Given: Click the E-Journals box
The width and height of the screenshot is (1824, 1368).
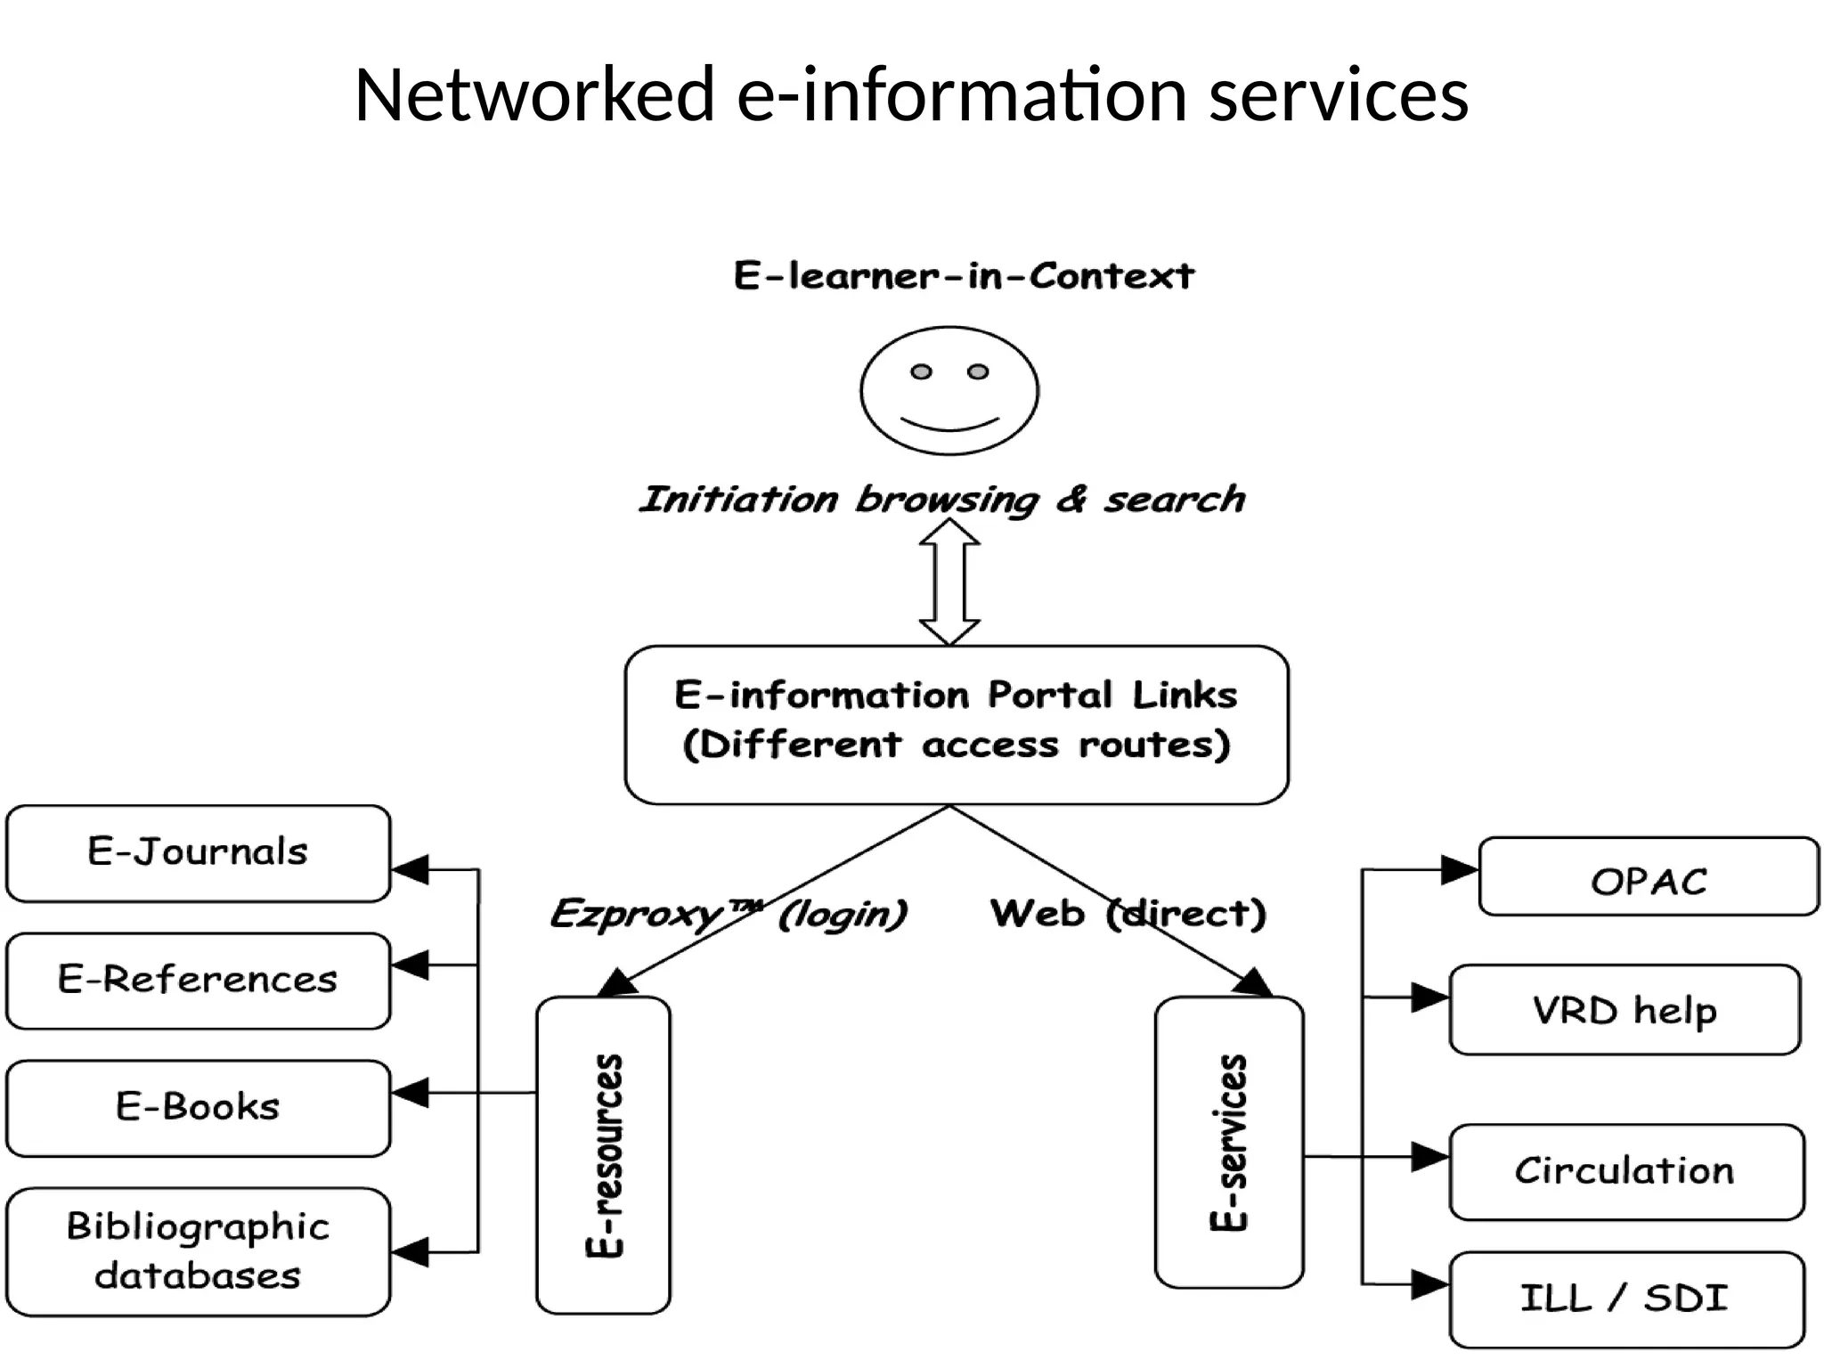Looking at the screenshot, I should click(198, 853).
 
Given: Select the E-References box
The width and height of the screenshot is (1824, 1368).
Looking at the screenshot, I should click(198, 981).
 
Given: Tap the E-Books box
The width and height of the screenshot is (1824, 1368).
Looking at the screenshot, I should click(198, 1108).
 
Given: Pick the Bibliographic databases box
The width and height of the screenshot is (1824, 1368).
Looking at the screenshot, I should click(198, 1251).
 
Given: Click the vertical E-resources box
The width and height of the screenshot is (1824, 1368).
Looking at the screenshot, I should click(603, 1154).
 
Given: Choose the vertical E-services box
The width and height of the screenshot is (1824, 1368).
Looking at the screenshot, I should click(1229, 1142).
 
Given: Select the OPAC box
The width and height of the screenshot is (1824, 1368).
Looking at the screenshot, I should click(1649, 876).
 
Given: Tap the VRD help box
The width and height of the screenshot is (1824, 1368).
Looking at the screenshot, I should click(1624, 1010).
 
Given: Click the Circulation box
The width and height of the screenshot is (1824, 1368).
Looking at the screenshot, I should click(1626, 1172).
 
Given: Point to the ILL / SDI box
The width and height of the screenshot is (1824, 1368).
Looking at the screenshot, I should click(1626, 1299).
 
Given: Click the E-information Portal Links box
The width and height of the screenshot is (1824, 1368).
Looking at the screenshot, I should click(957, 724).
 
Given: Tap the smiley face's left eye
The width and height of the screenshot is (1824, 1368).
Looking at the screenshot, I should click(921, 371).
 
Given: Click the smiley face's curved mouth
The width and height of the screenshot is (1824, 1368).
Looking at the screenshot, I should click(949, 422).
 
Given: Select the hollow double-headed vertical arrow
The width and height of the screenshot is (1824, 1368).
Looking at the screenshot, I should click(949, 582).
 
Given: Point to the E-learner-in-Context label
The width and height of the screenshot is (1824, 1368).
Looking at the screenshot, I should click(964, 276).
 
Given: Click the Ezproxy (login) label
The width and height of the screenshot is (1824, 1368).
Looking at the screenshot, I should click(729, 914).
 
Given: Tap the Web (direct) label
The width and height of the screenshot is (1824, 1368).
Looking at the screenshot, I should click(1128, 914).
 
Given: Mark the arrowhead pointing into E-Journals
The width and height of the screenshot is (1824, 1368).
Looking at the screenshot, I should click(411, 869).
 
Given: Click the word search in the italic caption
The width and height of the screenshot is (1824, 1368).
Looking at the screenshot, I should click(1174, 500).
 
